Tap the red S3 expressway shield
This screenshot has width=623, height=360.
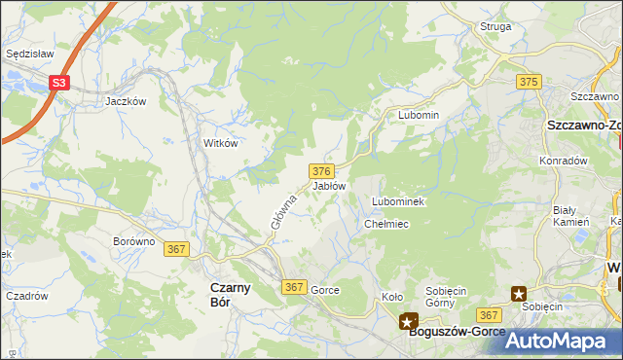pyautogui.click(x=60, y=84)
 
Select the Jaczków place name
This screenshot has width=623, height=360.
pyautogui.click(x=126, y=101)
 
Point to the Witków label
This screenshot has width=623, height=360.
pyautogui.click(x=220, y=143)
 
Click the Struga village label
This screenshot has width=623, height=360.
pyautogui.click(x=495, y=27)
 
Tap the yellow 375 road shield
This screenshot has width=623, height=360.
pyautogui.click(x=530, y=83)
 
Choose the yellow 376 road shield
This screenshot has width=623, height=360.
pyautogui.click(x=322, y=170)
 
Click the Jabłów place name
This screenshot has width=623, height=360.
pyautogui.click(x=329, y=186)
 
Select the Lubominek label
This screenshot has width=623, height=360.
pyautogui.click(x=396, y=201)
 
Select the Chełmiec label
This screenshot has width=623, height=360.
pyautogui.click(x=385, y=225)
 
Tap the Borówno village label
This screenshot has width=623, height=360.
pyautogui.click(x=134, y=241)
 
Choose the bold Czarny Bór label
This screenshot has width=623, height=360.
pyautogui.click(x=232, y=295)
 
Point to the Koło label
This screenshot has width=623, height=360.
pyautogui.click(x=392, y=298)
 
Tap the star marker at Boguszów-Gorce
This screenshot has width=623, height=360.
pyautogui.click(x=408, y=320)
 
